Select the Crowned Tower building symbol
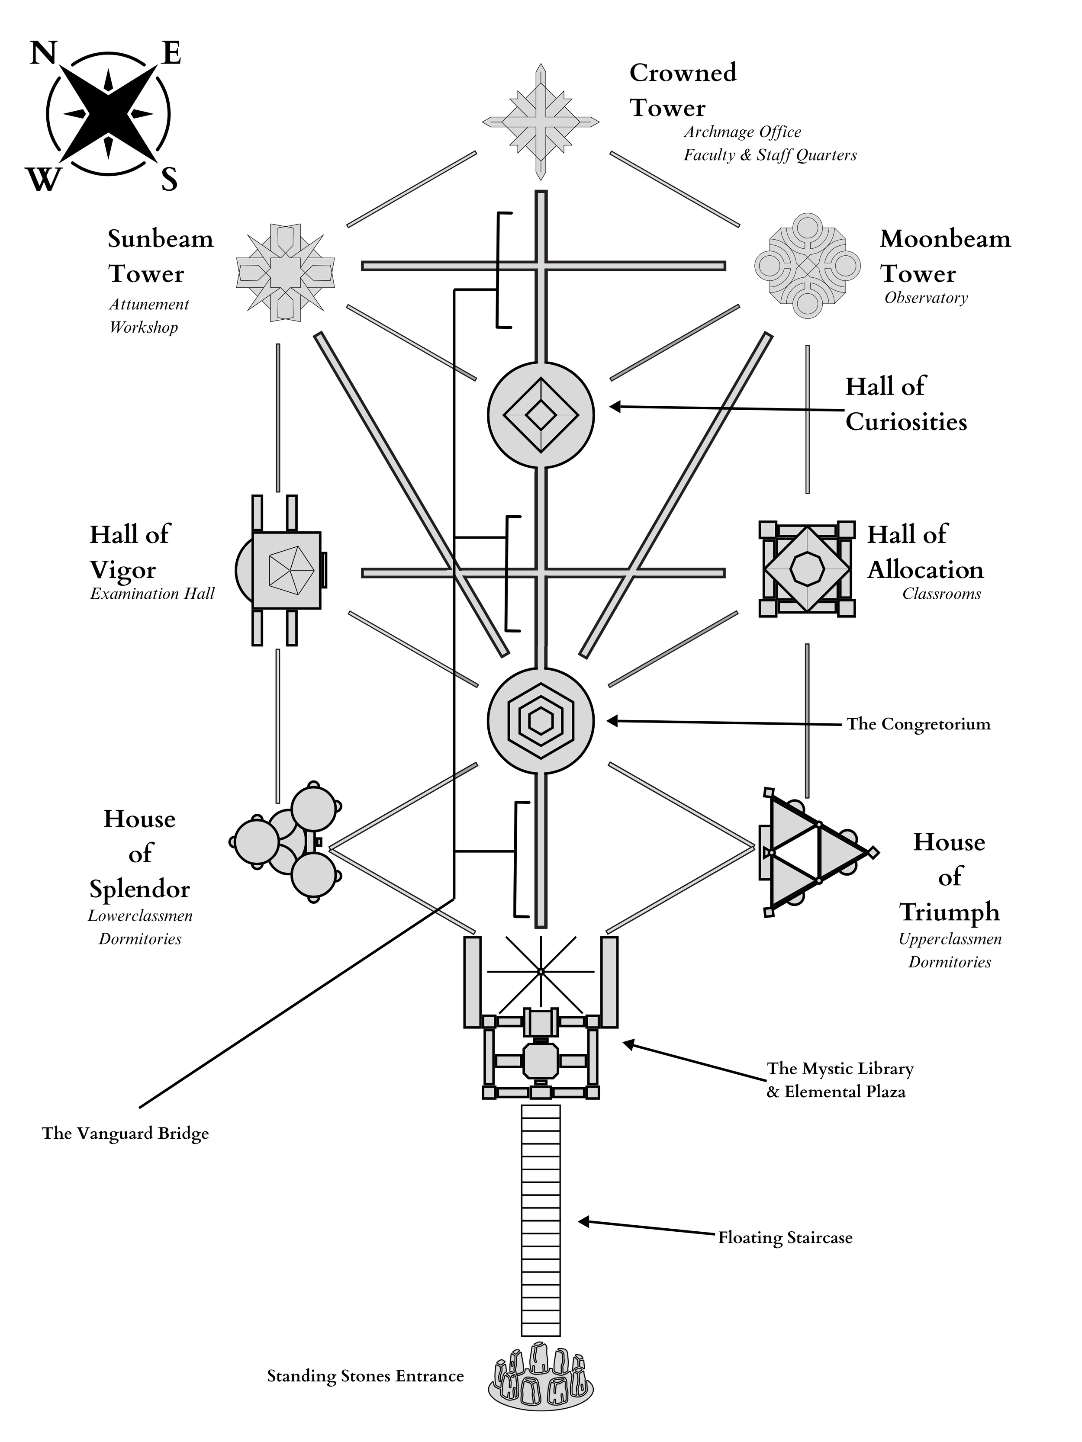pos(541,122)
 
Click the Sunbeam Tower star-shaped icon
pos(285,273)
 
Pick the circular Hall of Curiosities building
pos(541,414)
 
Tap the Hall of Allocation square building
pos(807,569)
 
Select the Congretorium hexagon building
pos(541,721)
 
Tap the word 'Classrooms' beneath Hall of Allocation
pos(942,594)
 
